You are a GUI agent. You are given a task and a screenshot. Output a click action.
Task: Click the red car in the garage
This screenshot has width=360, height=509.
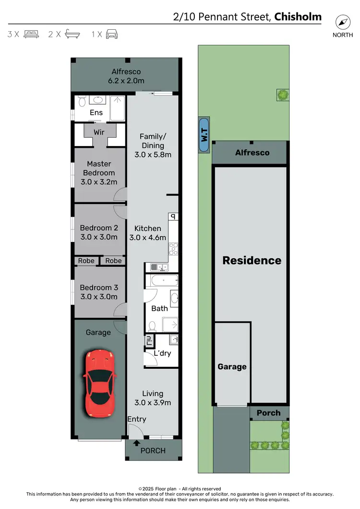click(x=100, y=383)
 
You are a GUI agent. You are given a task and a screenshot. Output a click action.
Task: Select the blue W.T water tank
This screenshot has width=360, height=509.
click(x=204, y=135)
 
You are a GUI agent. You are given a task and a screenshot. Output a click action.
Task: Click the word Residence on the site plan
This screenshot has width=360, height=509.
click(x=252, y=260)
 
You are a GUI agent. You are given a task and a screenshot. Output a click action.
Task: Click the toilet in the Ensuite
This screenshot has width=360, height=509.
click(x=82, y=101)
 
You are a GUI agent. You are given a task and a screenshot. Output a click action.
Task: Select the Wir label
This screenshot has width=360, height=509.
click(x=99, y=132)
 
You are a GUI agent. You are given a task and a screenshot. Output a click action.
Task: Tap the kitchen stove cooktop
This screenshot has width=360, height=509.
click(x=174, y=249)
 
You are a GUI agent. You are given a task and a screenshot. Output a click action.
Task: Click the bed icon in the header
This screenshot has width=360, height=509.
click(x=31, y=34)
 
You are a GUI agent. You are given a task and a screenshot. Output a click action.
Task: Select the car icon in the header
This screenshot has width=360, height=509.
click(x=111, y=34)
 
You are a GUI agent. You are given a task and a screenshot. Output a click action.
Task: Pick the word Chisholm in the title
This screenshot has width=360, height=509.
click(x=298, y=18)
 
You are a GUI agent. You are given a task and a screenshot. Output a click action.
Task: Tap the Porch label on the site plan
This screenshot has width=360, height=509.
click(x=268, y=413)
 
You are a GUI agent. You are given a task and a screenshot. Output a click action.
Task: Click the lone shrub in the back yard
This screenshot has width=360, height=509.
click(x=283, y=95)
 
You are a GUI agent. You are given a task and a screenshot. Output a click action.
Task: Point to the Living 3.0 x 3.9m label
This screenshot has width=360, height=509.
click(x=153, y=398)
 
